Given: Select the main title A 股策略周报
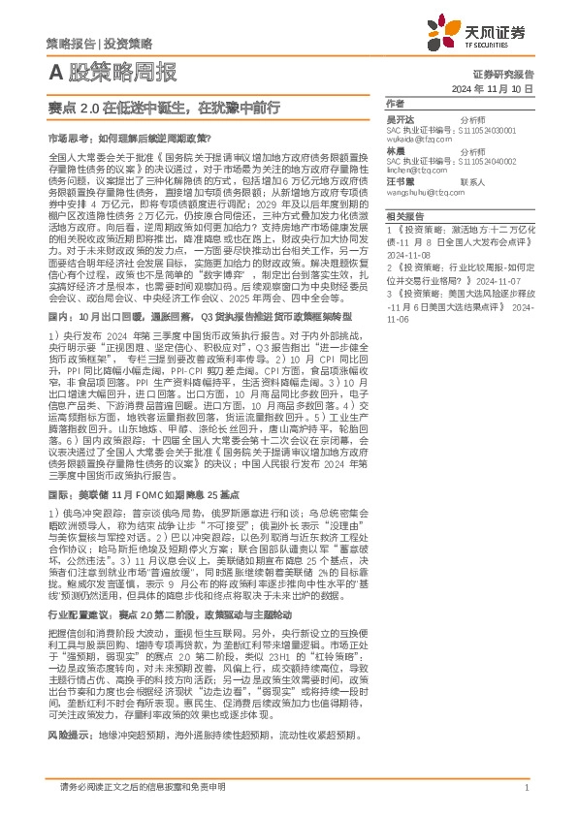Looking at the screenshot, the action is click(x=112, y=72).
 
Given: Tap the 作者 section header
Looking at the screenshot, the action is click(x=394, y=103).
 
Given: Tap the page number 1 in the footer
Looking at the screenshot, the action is click(x=526, y=787).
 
